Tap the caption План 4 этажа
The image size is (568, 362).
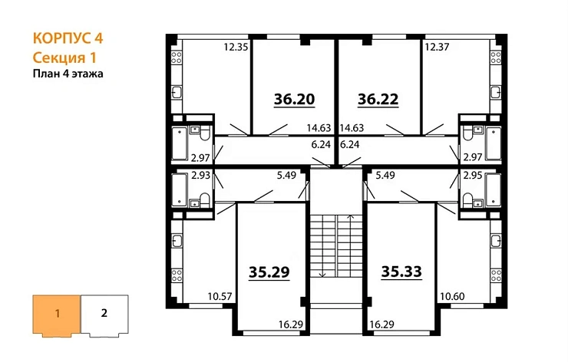(68, 74)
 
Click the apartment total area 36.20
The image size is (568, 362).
(295, 99)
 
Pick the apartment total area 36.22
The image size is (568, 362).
(379, 99)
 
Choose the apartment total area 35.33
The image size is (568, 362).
(402, 271)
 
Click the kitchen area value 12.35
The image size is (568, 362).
(236, 48)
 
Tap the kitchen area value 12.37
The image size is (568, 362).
(438, 48)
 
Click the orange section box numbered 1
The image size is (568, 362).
(55, 314)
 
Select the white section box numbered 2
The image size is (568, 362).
(104, 314)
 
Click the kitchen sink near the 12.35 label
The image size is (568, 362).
(177, 93)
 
